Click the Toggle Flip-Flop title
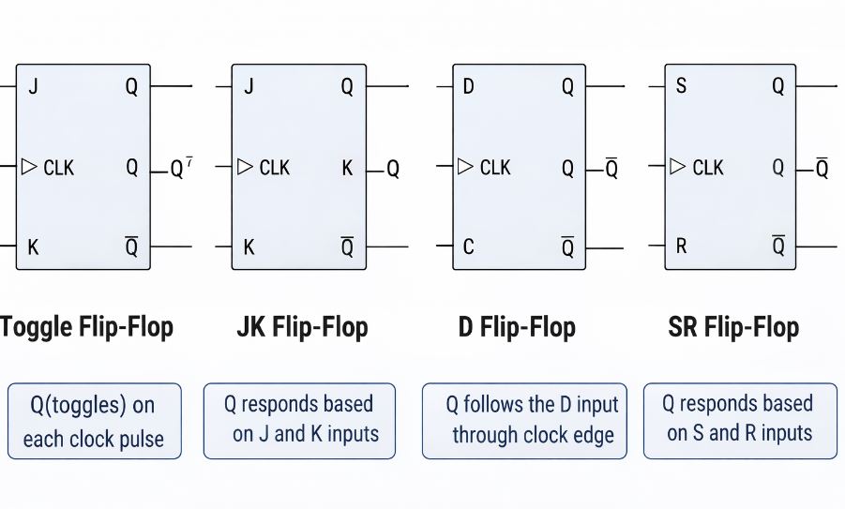pyautogui.click(x=86, y=327)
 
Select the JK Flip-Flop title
pyautogui.click(x=303, y=327)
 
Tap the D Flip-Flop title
pyautogui.click(x=517, y=327)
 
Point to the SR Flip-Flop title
pyautogui.click(x=733, y=327)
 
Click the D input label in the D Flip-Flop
pyautogui.click(x=468, y=87)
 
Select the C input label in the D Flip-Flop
pyautogui.click(x=468, y=247)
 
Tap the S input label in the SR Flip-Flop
pyautogui.click(x=681, y=87)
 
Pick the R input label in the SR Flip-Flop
pyautogui.click(x=681, y=247)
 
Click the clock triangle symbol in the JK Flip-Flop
pyautogui.click(x=245, y=167)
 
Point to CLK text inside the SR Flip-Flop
pyautogui.click(x=708, y=168)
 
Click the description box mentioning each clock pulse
pyautogui.click(x=93, y=421)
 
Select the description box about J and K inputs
pyautogui.click(x=299, y=420)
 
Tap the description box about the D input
pyautogui.click(x=524, y=420)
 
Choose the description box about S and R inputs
pyautogui.click(x=740, y=420)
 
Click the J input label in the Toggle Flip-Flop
pyautogui.click(x=33, y=87)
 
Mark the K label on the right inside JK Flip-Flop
pyautogui.click(x=347, y=168)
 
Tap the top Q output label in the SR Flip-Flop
pyautogui.click(x=777, y=87)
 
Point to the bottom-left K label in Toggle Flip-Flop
pyautogui.click(x=33, y=247)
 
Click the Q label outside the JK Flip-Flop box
pyautogui.click(x=393, y=170)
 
